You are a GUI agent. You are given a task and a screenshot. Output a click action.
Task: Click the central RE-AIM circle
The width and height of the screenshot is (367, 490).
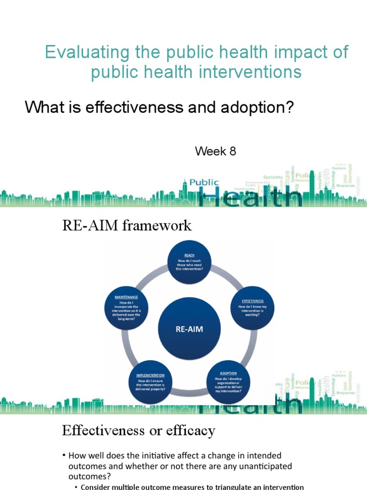tap(190, 330)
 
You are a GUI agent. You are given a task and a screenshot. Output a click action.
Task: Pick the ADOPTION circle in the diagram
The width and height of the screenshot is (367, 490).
tap(228, 382)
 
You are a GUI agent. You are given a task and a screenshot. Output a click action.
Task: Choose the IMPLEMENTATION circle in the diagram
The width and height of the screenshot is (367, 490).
tap(151, 382)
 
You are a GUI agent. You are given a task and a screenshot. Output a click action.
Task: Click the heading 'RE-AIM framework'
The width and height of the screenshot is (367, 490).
tap(127, 225)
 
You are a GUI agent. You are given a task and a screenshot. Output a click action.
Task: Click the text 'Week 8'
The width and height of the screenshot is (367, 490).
tap(216, 152)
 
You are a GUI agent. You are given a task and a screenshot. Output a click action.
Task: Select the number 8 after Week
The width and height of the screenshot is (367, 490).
tap(232, 152)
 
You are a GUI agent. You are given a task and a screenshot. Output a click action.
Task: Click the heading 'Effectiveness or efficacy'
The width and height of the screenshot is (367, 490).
tap(139, 431)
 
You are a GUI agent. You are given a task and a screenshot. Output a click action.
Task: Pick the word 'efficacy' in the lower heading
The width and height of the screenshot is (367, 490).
tap(191, 431)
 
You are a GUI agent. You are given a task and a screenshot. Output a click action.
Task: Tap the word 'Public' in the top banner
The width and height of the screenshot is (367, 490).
tap(204, 182)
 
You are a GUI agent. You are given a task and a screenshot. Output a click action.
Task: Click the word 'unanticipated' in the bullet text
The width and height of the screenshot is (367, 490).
tap(251, 466)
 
